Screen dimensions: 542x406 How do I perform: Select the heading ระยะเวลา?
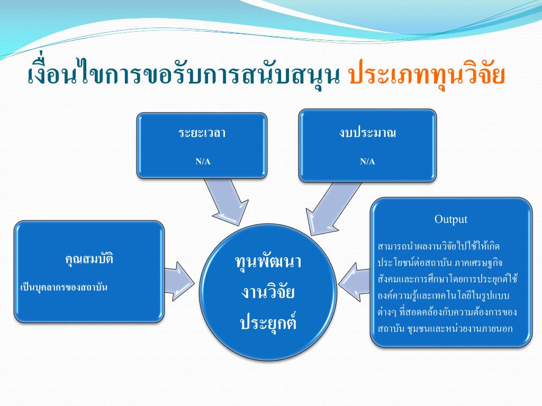click(202, 133)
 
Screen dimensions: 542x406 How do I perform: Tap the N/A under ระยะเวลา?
click(203, 161)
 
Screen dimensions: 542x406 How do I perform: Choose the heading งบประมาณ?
click(368, 133)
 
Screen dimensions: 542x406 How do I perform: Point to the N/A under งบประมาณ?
click(368, 161)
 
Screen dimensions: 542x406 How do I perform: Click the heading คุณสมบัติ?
click(89, 259)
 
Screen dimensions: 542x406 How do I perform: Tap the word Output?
click(451, 219)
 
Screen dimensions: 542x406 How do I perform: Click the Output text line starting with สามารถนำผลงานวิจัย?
click(439, 246)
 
